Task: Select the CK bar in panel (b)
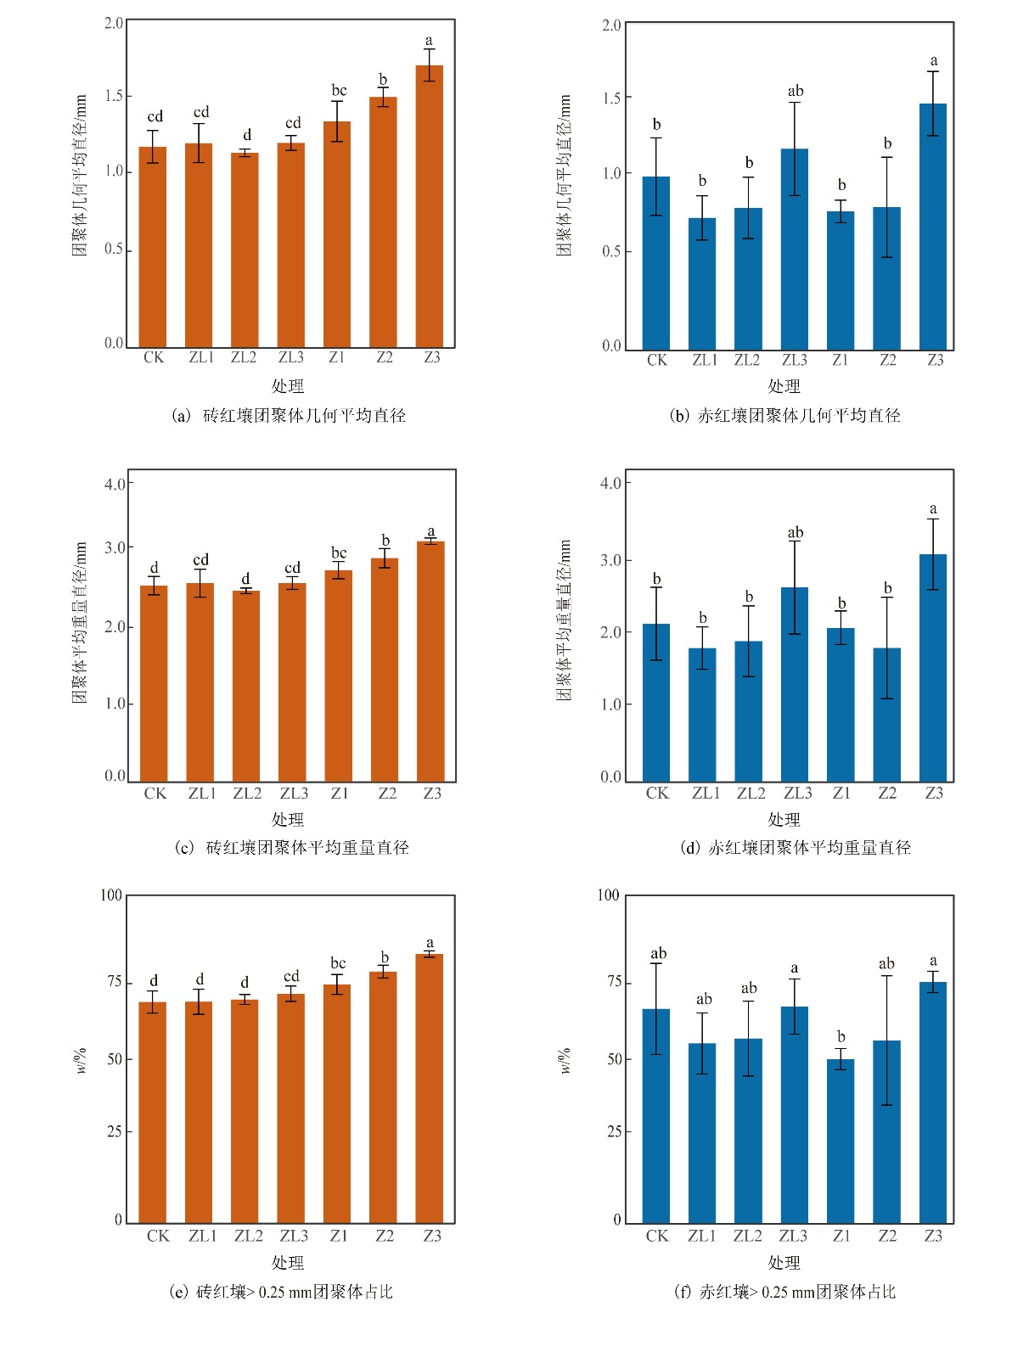pos(656,263)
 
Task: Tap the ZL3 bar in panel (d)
pos(795,684)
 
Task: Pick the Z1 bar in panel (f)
pos(841,1141)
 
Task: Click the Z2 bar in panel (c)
pos(385,670)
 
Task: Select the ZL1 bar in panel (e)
pos(199,1112)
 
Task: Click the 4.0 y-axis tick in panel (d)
pos(610,484)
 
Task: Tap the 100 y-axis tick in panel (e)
pos(111,895)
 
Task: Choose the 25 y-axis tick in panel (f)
pos(613,1132)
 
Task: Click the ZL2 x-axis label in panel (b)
pos(747,361)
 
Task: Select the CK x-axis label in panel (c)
pos(155,794)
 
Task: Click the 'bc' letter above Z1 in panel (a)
pos(339,91)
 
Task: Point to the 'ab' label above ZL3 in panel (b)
pos(796,92)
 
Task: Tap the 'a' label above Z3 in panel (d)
pos(933,509)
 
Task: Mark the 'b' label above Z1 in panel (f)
pos(841,1037)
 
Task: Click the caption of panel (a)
pos(289,416)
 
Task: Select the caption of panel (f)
pos(784,1292)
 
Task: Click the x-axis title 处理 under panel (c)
pos(288,820)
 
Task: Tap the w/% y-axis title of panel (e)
pos(82,1060)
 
